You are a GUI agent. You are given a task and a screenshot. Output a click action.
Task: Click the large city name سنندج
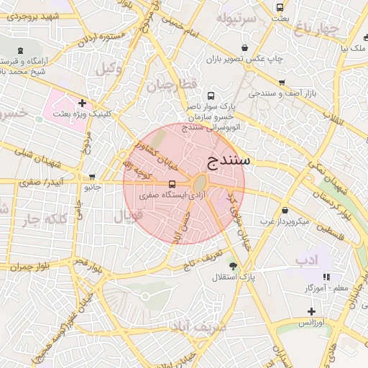228,160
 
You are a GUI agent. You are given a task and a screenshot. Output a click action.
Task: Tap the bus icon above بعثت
280,8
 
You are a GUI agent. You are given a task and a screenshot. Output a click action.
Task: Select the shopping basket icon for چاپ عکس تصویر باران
245,47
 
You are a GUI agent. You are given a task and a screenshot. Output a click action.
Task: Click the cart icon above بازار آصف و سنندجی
282,83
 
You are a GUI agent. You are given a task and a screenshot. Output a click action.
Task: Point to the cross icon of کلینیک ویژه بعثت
83,103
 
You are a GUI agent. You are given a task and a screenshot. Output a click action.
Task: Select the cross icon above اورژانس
310,311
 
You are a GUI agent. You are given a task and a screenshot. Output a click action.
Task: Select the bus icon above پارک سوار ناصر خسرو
211,95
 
